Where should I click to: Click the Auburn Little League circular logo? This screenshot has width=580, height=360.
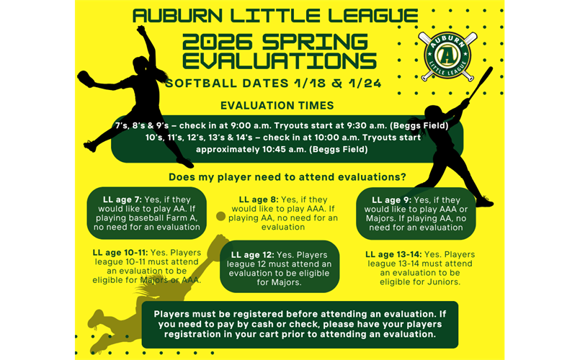447,55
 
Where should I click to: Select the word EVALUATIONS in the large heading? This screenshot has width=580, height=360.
279,60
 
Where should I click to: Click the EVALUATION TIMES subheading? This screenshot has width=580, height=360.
277,106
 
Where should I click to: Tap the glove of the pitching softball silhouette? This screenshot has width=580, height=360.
86,78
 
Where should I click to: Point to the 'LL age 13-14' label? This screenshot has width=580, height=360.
394,254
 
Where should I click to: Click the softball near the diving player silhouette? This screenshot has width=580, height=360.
220,216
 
